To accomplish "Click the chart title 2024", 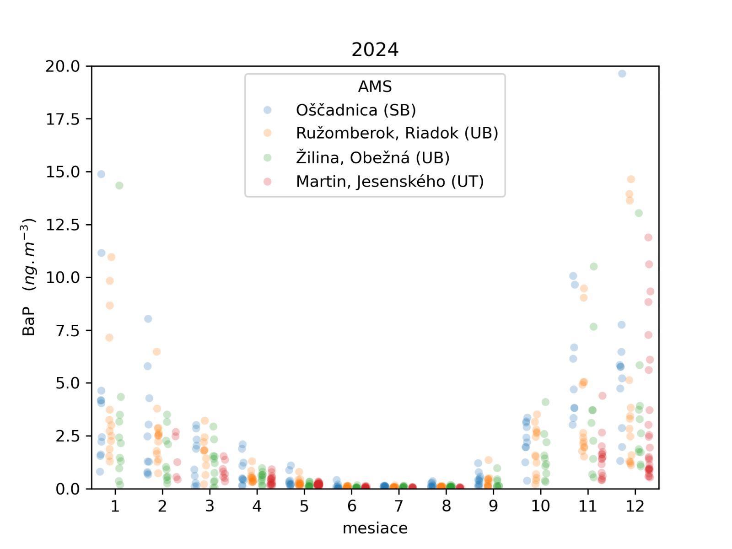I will pos(375,49).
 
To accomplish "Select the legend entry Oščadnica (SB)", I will pos(355,110).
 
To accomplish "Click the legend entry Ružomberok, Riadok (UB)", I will pos(397,133).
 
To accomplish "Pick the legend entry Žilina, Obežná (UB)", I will pos(372,157).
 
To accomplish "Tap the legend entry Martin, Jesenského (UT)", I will pos(390,182).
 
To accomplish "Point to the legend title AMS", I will pos(375,86).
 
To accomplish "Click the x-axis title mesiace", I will pos(375,528).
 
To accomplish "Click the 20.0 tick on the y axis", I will pos(63,66).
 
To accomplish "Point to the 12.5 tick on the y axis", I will pos(63,225).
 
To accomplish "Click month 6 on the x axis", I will pos(351,506).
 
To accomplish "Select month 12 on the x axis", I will pos(635,506).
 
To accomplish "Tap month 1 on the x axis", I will pos(115,506).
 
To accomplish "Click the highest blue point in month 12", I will pos(622,74).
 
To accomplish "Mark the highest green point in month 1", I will pos(119,185).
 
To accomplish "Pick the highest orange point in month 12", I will pos(631,179).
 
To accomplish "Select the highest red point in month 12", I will pos(648,237).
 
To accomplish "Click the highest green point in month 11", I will pos(593,266).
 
